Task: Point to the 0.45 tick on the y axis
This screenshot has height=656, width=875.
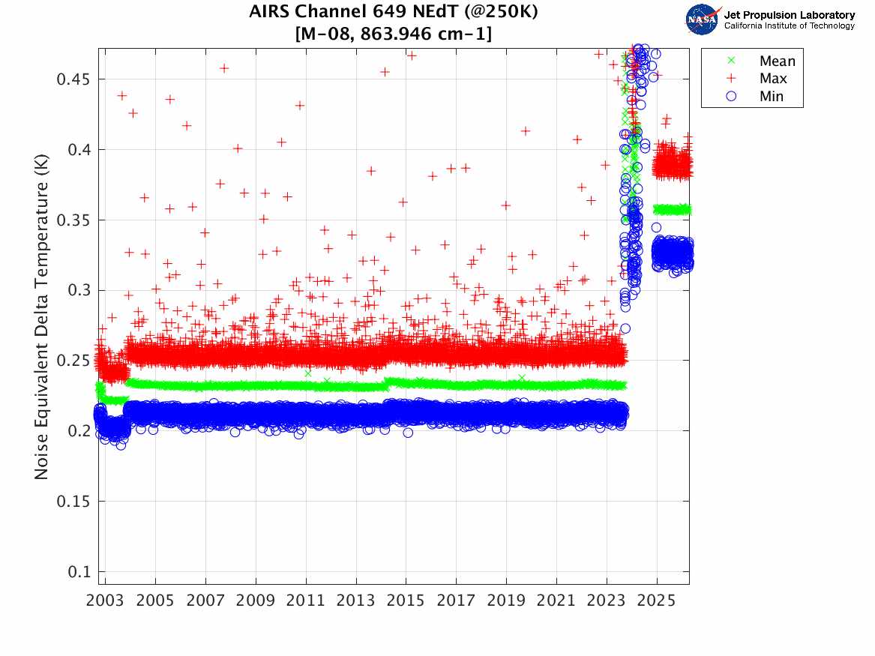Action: pos(73,79)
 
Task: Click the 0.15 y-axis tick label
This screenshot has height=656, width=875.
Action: pos(73,501)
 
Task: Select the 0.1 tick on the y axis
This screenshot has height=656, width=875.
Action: pos(78,571)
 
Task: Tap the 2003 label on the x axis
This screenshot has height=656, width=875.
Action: pos(105,601)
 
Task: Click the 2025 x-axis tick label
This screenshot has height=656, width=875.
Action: pos(656,601)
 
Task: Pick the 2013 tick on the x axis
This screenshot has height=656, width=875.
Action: pos(355,601)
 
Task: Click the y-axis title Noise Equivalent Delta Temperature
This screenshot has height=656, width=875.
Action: pos(41,317)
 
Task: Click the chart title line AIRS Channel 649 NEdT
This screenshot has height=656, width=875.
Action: pos(394,11)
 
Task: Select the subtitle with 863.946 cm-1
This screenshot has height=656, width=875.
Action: pos(394,34)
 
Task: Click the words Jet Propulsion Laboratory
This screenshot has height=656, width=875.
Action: pos(790,15)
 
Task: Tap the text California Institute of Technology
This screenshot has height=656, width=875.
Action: pos(790,25)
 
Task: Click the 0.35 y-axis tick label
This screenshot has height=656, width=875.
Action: pos(73,220)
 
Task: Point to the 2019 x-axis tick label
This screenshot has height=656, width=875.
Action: pos(506,601)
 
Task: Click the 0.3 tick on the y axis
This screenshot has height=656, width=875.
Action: pos(78,290)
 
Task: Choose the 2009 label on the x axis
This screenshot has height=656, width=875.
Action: pos(255,601)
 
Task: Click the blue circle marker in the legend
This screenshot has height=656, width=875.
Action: pos(731,97)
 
